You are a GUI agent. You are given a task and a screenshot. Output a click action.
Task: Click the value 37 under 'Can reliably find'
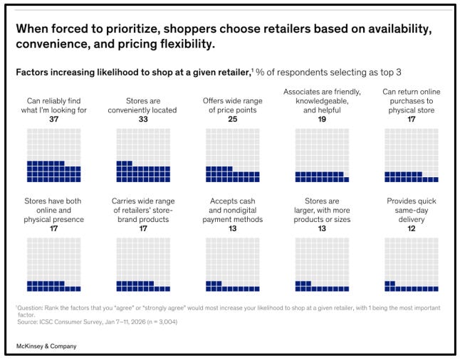point(53,119)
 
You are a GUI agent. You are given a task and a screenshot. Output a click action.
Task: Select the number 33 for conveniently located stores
point(143,119)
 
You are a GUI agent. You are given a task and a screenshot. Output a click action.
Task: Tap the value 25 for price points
point(233,119)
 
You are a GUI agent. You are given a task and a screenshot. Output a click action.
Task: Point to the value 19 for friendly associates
point(322,119)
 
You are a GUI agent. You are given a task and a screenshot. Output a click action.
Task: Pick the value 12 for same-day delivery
point(412,228)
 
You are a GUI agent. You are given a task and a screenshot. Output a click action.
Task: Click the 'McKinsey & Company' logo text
point(46,346)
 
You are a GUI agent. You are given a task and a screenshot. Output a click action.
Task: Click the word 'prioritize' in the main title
point(133,29)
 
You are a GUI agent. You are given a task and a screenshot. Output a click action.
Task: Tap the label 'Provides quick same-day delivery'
point(412,210)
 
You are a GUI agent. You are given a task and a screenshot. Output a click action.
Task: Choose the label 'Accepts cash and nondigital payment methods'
point(233,210)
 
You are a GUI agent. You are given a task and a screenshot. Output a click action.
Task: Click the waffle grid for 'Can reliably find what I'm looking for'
point(53,155)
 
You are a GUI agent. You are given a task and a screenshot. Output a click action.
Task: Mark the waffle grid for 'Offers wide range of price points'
point(233,155)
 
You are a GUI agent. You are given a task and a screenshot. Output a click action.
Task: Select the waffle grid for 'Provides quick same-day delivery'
point(412,265)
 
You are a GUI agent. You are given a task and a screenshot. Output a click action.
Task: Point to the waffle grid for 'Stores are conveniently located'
point(143,155)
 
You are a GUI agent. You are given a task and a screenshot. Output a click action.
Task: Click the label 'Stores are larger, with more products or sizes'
point(322,210)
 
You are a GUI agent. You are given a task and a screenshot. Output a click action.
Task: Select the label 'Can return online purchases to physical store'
point(412,101)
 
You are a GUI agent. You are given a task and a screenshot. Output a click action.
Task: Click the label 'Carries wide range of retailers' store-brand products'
point(143,210)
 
